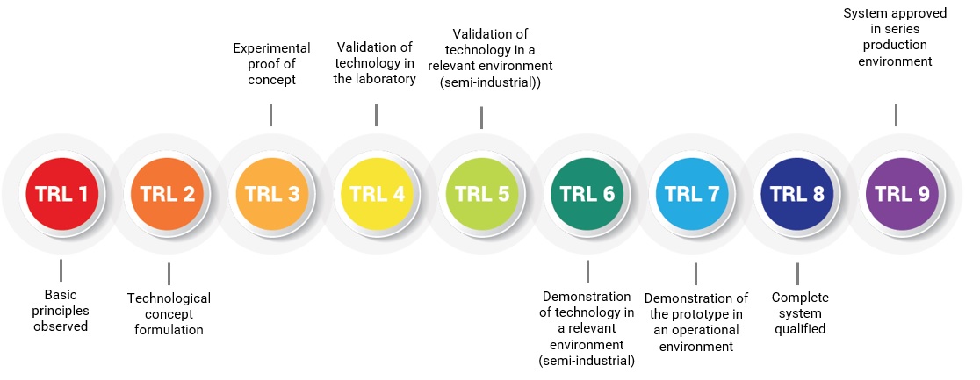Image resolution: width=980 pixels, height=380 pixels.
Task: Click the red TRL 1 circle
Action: click(61, 194)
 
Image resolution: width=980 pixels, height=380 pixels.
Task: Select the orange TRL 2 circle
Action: click(167, 194)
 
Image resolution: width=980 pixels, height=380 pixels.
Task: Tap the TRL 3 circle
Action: click(272, 194)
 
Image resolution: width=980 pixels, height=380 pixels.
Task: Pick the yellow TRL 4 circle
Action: click(377, 194)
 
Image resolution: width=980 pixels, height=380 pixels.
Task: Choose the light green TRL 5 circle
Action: click(482, 194)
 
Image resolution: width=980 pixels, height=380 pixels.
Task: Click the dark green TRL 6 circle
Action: click(587, 194)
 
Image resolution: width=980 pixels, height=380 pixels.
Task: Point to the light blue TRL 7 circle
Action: click(692, 194)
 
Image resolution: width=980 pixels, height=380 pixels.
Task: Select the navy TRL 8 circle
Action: click(796, 194)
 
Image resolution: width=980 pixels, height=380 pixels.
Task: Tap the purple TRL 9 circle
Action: click(902, 194)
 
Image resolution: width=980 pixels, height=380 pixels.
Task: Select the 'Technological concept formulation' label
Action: click(169, 314)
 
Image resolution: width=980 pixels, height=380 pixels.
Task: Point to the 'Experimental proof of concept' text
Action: click(272, 64)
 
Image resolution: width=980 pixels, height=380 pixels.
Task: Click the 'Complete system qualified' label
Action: click(800, 312)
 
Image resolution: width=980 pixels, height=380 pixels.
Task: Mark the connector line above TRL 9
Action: click(897, 115)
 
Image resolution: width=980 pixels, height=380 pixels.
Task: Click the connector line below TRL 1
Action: click(61, 270)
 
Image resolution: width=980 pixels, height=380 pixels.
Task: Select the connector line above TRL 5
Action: click(481, 118)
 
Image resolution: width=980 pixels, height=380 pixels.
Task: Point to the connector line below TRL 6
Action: click(587, 271)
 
